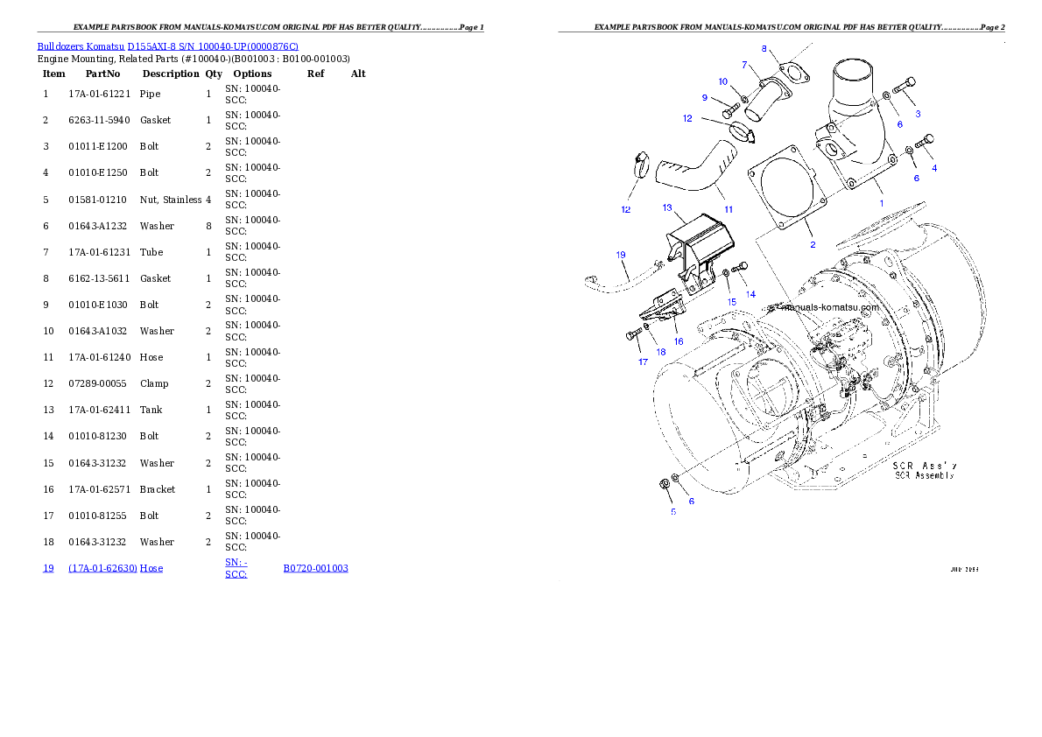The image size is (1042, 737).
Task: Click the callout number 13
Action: pyautogui.click(x=667, y=208)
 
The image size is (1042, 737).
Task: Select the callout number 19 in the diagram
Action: pyautogui.click(x=621, y=256)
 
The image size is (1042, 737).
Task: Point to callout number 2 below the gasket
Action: pyautogui.click(x=812, y=245)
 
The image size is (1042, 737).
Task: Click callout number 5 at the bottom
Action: pyautogui.click(x=672, y=511)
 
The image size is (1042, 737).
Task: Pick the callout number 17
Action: pyautogui.click(x=643, y=361)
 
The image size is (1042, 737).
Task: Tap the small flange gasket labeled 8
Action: pyautogui.click(x=793, y=71)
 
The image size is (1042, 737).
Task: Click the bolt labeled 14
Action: pyautogui.click(x=741, y=267)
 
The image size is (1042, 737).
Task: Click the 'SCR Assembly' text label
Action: pyautogui.click(x=924, y=475)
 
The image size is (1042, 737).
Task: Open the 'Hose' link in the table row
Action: pyautogui.click(x=151, y=568)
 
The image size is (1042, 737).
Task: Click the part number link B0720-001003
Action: pyautogui.click(x=315, y=568)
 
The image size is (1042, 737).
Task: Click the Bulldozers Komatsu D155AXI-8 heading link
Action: pyautogui.click(x=167, y=46)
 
